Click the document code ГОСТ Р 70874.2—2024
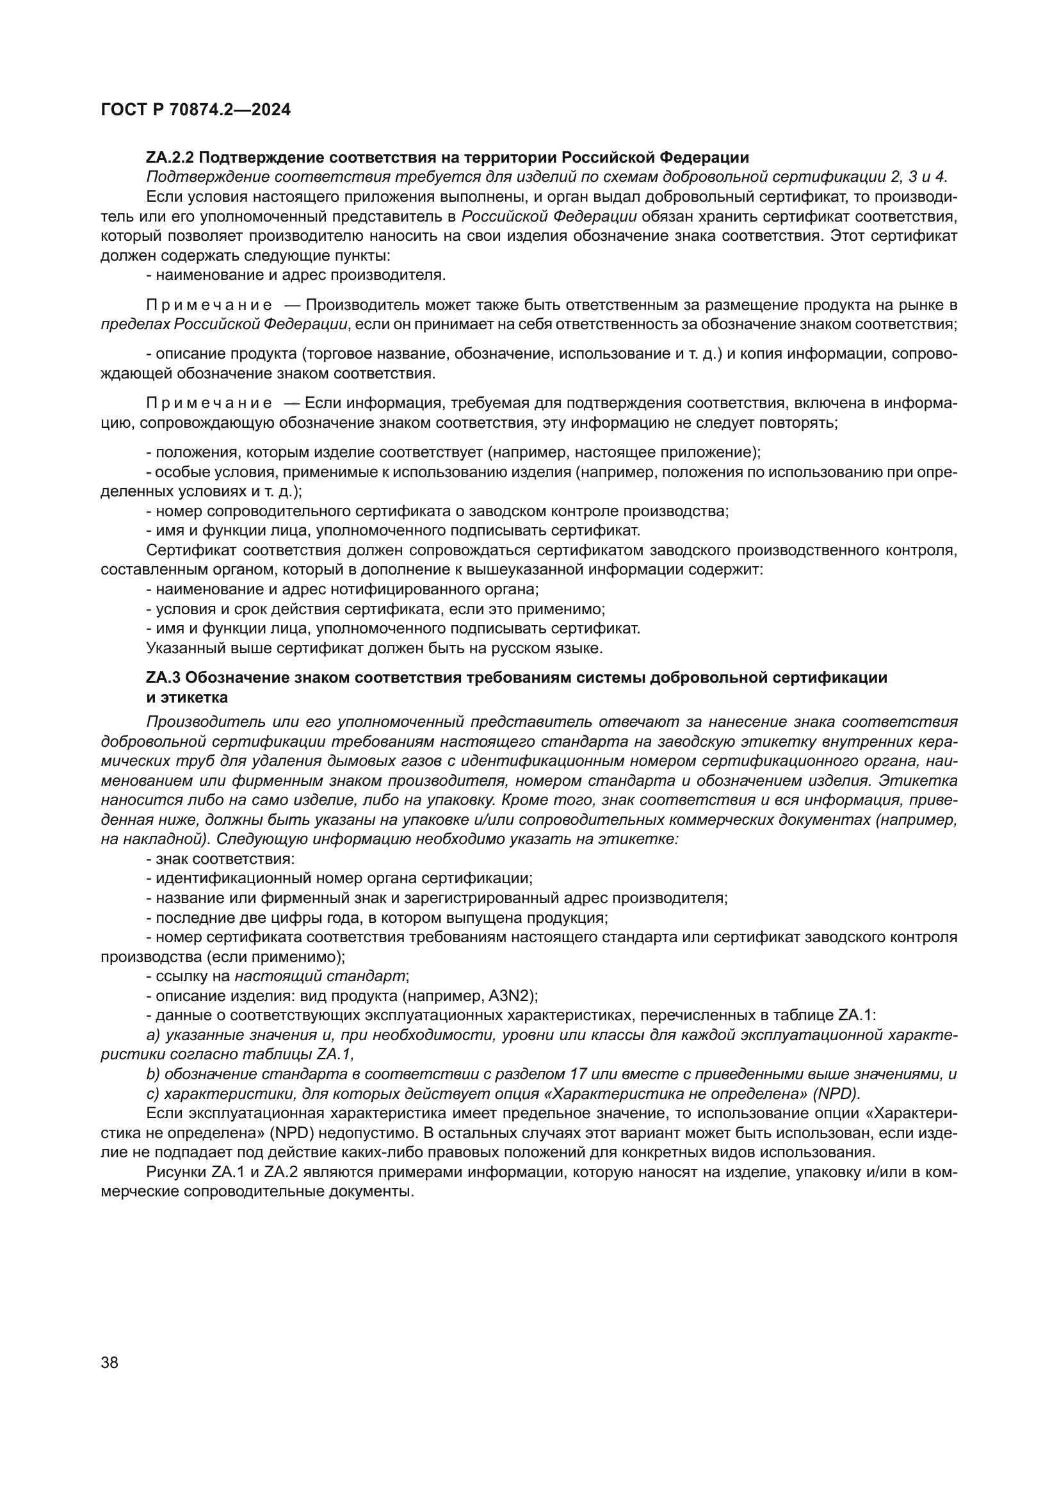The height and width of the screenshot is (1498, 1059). pyautogui.click(x=196, y=110)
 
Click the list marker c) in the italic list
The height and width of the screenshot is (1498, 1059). pyautogui.click(x=154, y=1093)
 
